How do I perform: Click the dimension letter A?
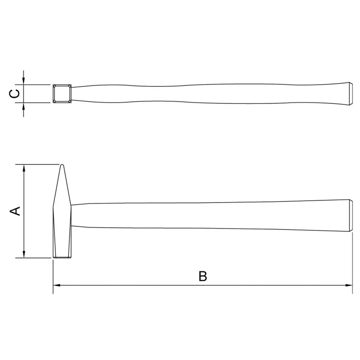pyautogui.click(x=15, y=211)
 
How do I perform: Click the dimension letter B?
pyautogui.click(x=203, y=276)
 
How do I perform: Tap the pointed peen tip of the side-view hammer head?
pyautogui.click(x=62, y=165)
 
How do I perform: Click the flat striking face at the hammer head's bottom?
pyautogui.click(x=62, y=257)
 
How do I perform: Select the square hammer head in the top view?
pyautogui.click(x=62, y=94)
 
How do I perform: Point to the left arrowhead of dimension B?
pyautogui.click(x=57, y=285)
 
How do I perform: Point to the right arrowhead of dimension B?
pyautogui.click(x=349, y=285)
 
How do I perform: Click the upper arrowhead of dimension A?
pyautogui.click(x=24, y=168)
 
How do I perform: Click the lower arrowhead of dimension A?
pyautogui.click(x=24, y=254)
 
